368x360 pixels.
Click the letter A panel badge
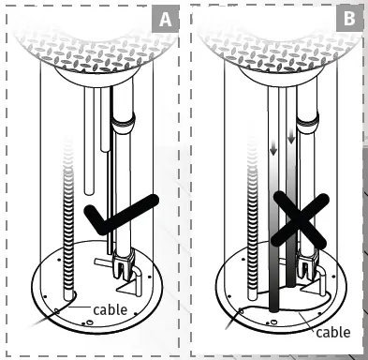point(166,19)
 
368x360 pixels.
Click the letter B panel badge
point(349,18)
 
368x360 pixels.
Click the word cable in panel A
point(110,309)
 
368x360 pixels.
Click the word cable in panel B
point(333,332)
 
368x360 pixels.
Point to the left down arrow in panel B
point(273,150)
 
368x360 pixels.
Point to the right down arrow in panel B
point(291,137)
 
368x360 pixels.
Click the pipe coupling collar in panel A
point(124,123)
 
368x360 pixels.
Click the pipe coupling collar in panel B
point(308,123)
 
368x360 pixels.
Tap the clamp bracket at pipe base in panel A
point(124,263)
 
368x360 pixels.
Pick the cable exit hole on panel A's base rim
point(57,311)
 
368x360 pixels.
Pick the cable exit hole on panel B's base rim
point(241,310)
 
